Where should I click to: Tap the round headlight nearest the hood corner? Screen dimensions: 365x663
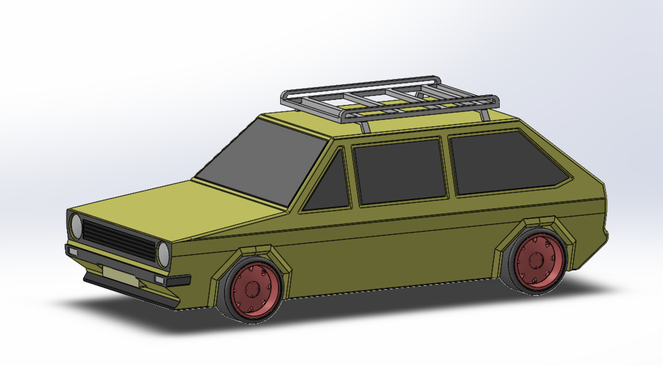(163, 254)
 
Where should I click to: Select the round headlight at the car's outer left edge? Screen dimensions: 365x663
(76, 226)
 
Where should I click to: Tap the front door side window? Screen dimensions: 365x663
(399, 171)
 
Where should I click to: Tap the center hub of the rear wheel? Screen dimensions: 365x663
(536, 261)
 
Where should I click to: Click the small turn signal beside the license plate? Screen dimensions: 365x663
(159, 279)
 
